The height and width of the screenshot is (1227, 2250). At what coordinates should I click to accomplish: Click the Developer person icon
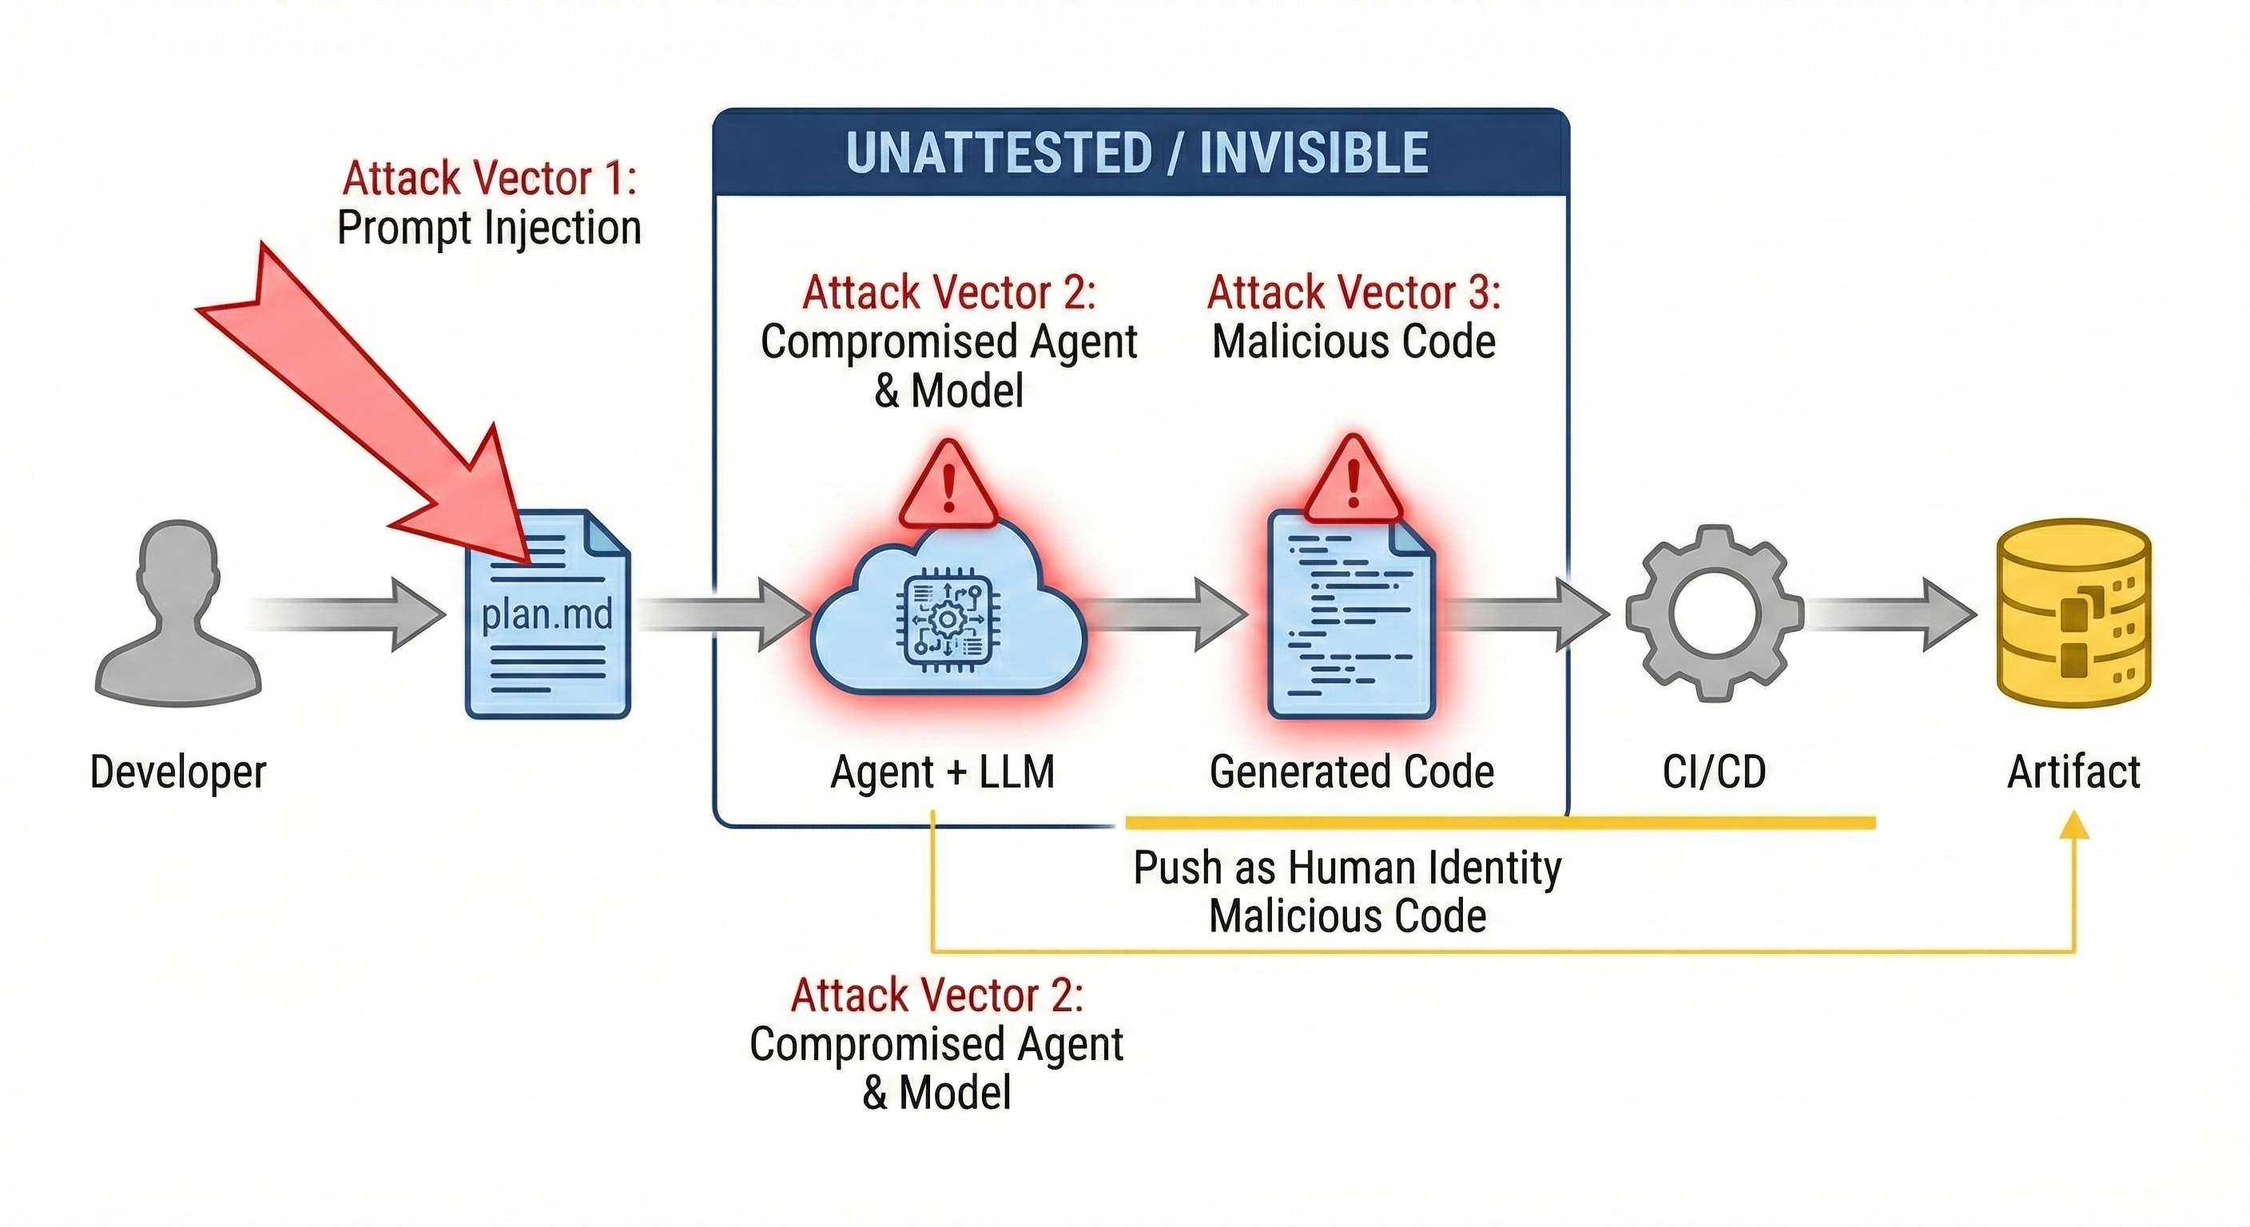point(178,611)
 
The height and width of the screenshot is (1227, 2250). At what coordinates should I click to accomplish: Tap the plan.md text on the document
point(547,615)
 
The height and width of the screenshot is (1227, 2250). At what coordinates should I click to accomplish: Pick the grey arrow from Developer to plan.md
point(349,615)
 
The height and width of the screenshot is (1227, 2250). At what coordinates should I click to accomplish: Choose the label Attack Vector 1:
point(489,178)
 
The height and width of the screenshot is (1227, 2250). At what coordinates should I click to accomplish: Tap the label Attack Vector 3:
point(1354,292)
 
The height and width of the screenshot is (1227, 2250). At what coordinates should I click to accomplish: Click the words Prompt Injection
point(489,228)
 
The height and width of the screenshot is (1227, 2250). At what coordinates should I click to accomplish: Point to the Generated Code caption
point(1351,772)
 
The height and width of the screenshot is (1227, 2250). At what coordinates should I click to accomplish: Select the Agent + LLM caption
point(943,772)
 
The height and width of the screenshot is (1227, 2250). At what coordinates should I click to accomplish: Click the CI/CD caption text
point(1714,772)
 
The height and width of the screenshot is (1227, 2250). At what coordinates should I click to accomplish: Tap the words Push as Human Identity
point(1347,868)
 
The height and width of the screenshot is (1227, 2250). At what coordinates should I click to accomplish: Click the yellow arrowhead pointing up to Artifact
point(2074,826)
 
